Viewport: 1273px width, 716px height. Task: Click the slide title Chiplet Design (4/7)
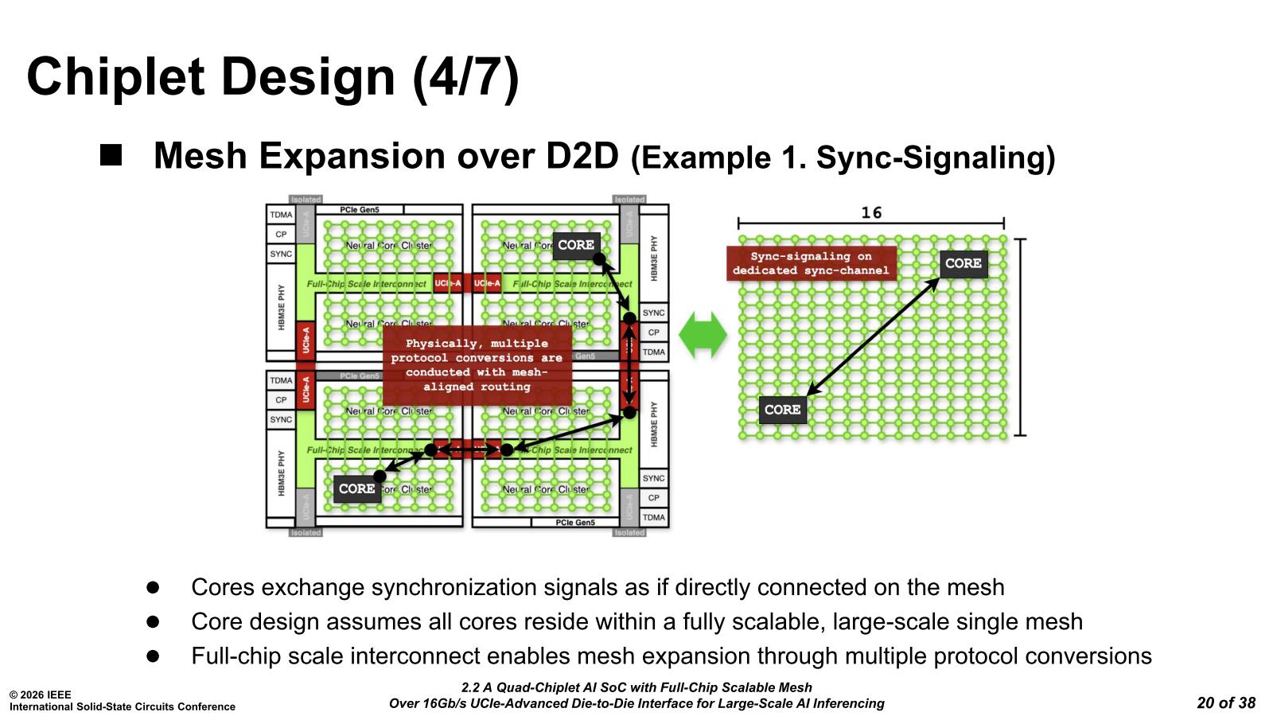pos(273,77)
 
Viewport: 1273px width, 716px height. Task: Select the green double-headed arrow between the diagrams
pos(703,334)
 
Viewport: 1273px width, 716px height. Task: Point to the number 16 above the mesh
pos(871,213)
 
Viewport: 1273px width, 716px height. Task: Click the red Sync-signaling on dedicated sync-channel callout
pos(811,263)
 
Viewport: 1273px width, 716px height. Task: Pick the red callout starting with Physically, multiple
pos(477,365)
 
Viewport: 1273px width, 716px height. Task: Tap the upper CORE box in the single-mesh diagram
pos(963,263)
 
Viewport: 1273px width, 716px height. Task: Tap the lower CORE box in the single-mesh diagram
pos(782,410)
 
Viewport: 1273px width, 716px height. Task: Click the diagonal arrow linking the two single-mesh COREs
pos(873,337)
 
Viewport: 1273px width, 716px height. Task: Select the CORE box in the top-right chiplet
pos(576,245)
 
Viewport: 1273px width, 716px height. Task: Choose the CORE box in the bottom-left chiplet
pos(356,488)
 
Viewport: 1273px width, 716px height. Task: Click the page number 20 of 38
pos(1225,702)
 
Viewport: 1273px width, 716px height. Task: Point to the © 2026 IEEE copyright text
pos(41,695)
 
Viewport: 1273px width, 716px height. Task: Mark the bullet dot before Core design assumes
pos(153,621)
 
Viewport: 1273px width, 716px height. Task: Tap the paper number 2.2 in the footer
pos(469,687)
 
